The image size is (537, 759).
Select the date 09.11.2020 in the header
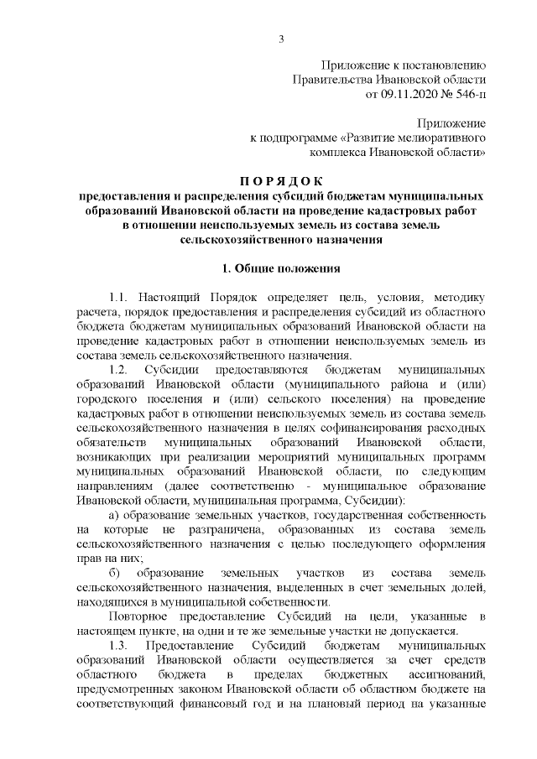coord(408,94)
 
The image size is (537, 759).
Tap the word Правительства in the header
coord(320,79)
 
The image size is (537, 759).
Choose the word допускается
coord(425,632)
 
